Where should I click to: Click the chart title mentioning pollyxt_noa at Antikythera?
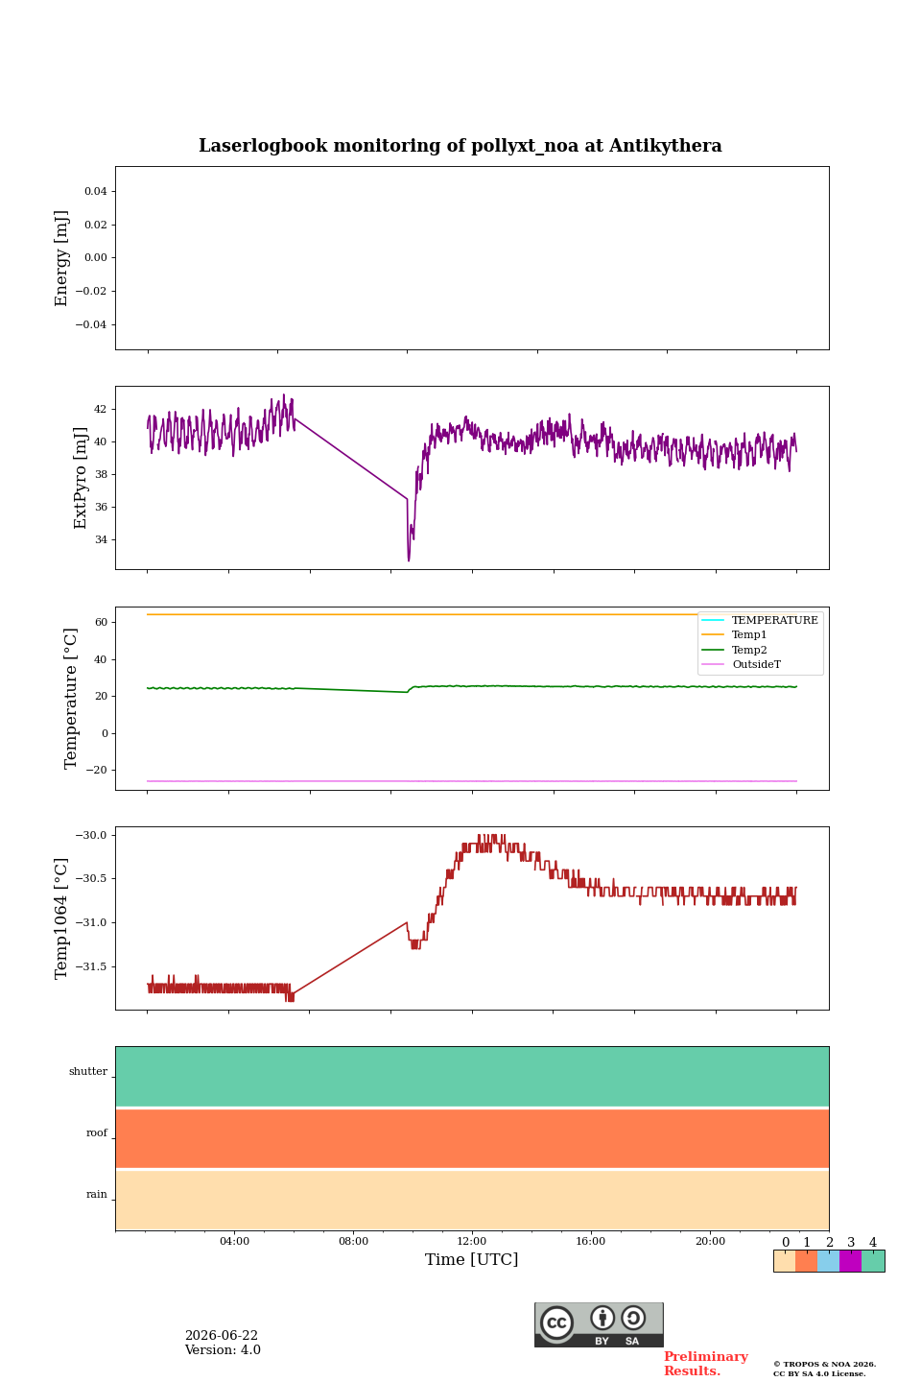pyautogui.click(x=460, y=146)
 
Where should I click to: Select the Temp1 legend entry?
pyautogui.click(x=734, y=635)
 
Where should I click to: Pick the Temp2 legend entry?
pyautogui.click(x=735, y=650)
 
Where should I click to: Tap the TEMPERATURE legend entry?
pyautogui.click(x=760, y=620)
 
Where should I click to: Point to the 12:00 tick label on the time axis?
pyautogui.click(x=471, y=1241)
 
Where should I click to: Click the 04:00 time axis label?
pyautogui.click(x=234, y=1241)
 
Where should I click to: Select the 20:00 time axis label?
pyautogui.click(x=710, y=1241)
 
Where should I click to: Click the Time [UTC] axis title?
pyautogui.click(x=471, y=1259)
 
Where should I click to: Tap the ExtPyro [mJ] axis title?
pyautogui.click(x=80, y=478)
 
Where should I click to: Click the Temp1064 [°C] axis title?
pyautogui.click(x=60, y=918)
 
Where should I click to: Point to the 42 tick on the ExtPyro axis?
pyautogui.click(x=100, y=409)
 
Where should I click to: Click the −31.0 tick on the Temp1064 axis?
pyautogui.click(x=91, y=922)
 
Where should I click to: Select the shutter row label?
pyautogui.click(x=88, y=1071)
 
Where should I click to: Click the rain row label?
pyautogui.click(x=96, y=1194)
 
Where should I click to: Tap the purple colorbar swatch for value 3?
pyautogui.click(x=850, y=1261)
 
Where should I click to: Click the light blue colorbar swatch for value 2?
pyautogui.click(x=828, y=1261)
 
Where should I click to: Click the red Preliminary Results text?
pyautogui.click(x=706, y=1364)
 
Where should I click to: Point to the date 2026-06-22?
pyautogui.click(x=221, y=1335)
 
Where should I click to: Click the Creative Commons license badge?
pyautogui.click(x=599, y=1324)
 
